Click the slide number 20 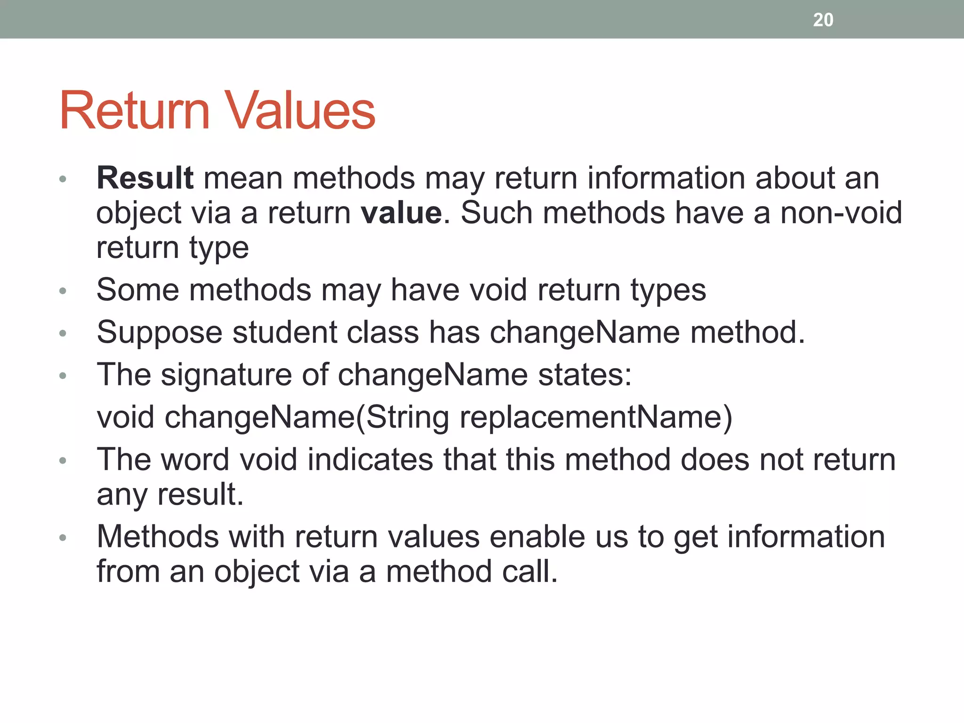tap(823, 20)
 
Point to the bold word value tap(402, 213)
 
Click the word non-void tap(841, 213)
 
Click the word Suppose tap(159, 332)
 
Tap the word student tap(284, 332)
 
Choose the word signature tap(226, 375)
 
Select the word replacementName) tap(595, 417)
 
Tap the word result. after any tap(201, 494)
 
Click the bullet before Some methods tap(63, 291)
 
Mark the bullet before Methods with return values tap(63, 538)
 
